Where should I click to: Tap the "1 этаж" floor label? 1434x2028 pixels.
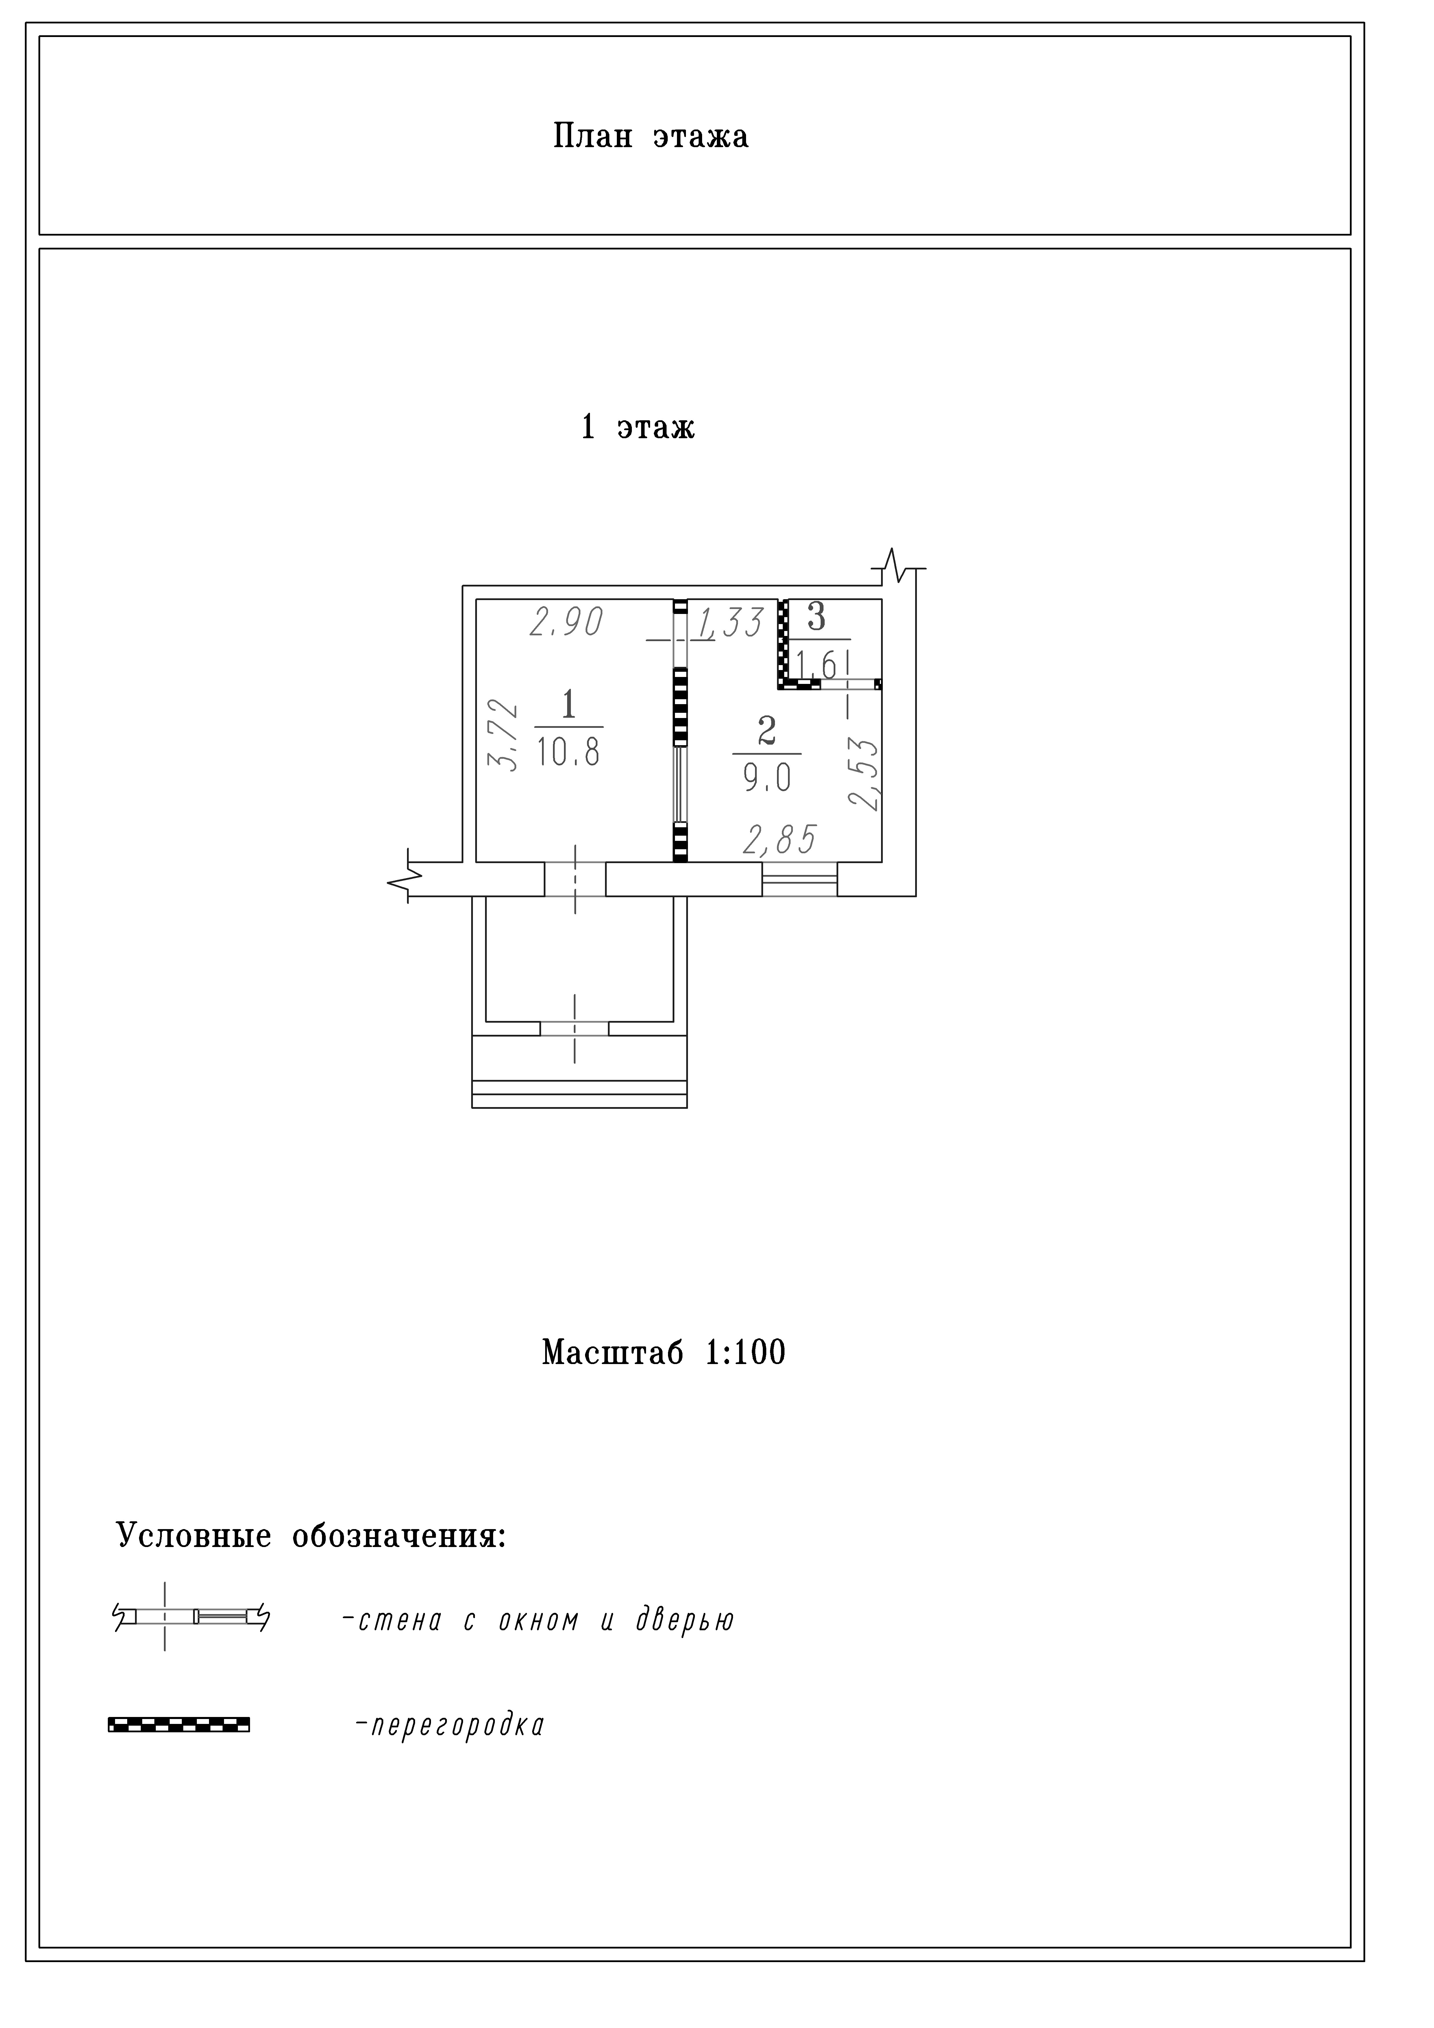(637, 428)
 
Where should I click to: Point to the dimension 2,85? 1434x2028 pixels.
(779, 840)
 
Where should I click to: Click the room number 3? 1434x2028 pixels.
(816, 617)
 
